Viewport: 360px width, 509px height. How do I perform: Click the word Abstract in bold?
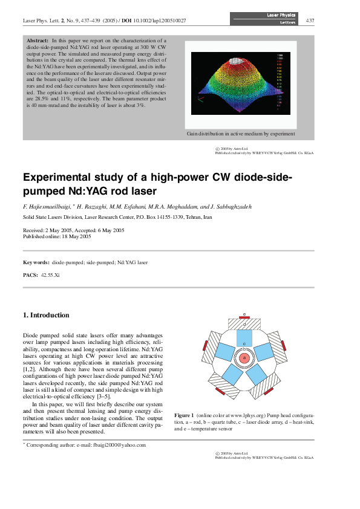click(x=38, y=39)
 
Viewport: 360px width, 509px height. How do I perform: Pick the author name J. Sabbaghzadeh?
click(x=234, y=207)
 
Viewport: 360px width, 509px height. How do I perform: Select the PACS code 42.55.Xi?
click(x=50, y=275)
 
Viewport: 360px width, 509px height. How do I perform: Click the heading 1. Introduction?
click(x=46, y=315)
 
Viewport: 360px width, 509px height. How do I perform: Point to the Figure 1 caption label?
click(x=183, y=416)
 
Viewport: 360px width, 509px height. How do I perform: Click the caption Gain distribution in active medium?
click(x=241, y=134)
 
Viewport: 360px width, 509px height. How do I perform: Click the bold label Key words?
click(x=36, y=262)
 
